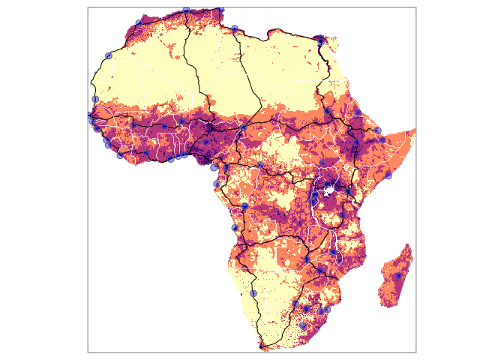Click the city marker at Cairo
pyautogui.click(x=320, y=42)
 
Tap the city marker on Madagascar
pyautogui.click(x=398, y=276)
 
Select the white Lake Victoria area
pyautogui.click(x=328, y=191)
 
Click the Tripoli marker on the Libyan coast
pyautogui.click(x=235, y=28)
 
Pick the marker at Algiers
pyautogui.click(x=186, y=9)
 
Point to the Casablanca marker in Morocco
pyautogui.click(x=108, y=55)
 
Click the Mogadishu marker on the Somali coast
pyautogui.click(x=388, y=175)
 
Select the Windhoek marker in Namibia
pyautogui.click(x=253, y=293)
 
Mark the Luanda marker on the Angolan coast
pyautogui.click(x=235, y=228)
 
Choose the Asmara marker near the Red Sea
pyautogui.click(x=358, y=112)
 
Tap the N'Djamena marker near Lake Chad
pyautogui.click(x=243, y=128)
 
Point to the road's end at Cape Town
pyautogui.click(x=262, y=346)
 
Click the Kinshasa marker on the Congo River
pyautogui.click(x=244, y=205)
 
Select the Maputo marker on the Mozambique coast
pyautogui.click(x=327, y=309)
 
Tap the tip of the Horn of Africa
pyautogui.click(x=415, y=129)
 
